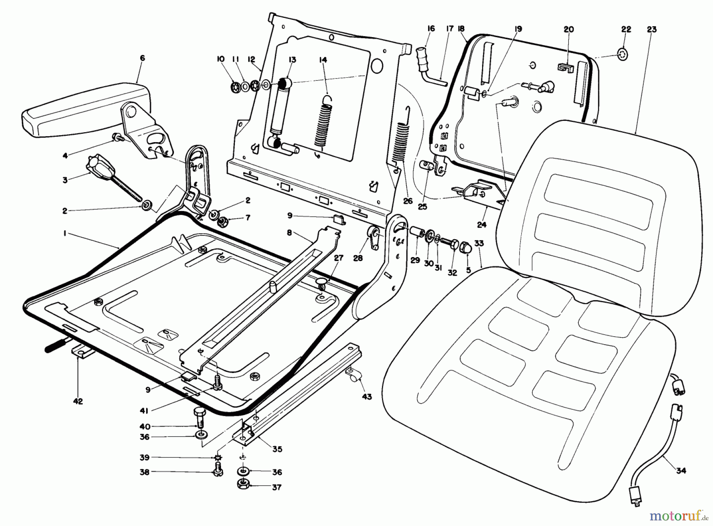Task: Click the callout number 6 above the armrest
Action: click(142, 58)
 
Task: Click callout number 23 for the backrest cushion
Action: click(652, 29)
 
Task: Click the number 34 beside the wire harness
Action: click(681, 471)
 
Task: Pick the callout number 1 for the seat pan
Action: click(64, 234)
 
